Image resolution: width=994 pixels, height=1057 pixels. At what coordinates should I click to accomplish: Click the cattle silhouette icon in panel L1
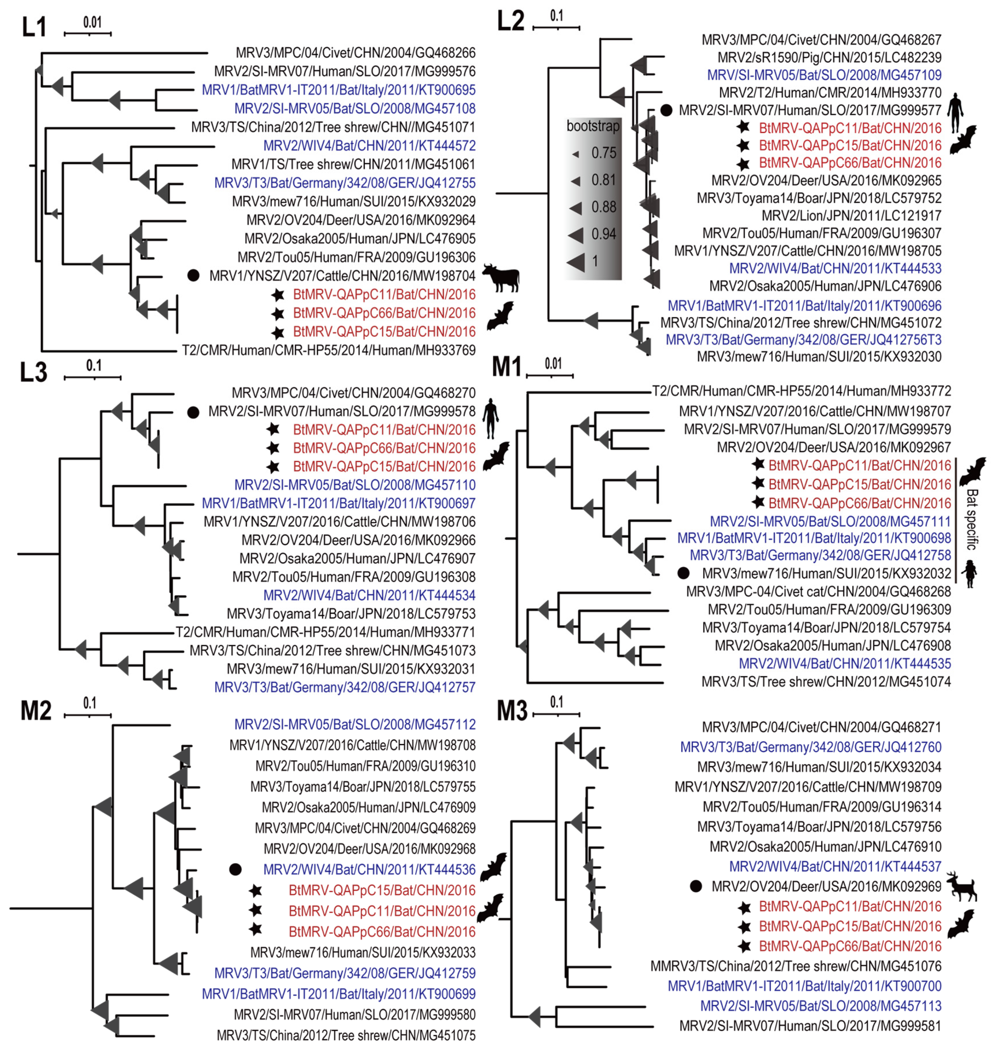click(x=500, y=277)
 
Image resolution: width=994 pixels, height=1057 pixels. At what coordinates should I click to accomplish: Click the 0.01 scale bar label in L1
click(x=92, y=22)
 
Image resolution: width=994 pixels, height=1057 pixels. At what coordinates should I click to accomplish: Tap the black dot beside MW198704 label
click(x=194, y=275)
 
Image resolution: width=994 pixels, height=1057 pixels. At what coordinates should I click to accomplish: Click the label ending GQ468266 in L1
click(x=355, y=53)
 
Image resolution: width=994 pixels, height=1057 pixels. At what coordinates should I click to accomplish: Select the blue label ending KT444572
click(x=369, y=146)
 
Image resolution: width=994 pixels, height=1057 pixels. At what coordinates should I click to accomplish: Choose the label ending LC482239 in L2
click(x=829, y=57)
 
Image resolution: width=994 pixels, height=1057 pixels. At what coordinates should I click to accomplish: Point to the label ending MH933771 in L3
click(x=326, y=632)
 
